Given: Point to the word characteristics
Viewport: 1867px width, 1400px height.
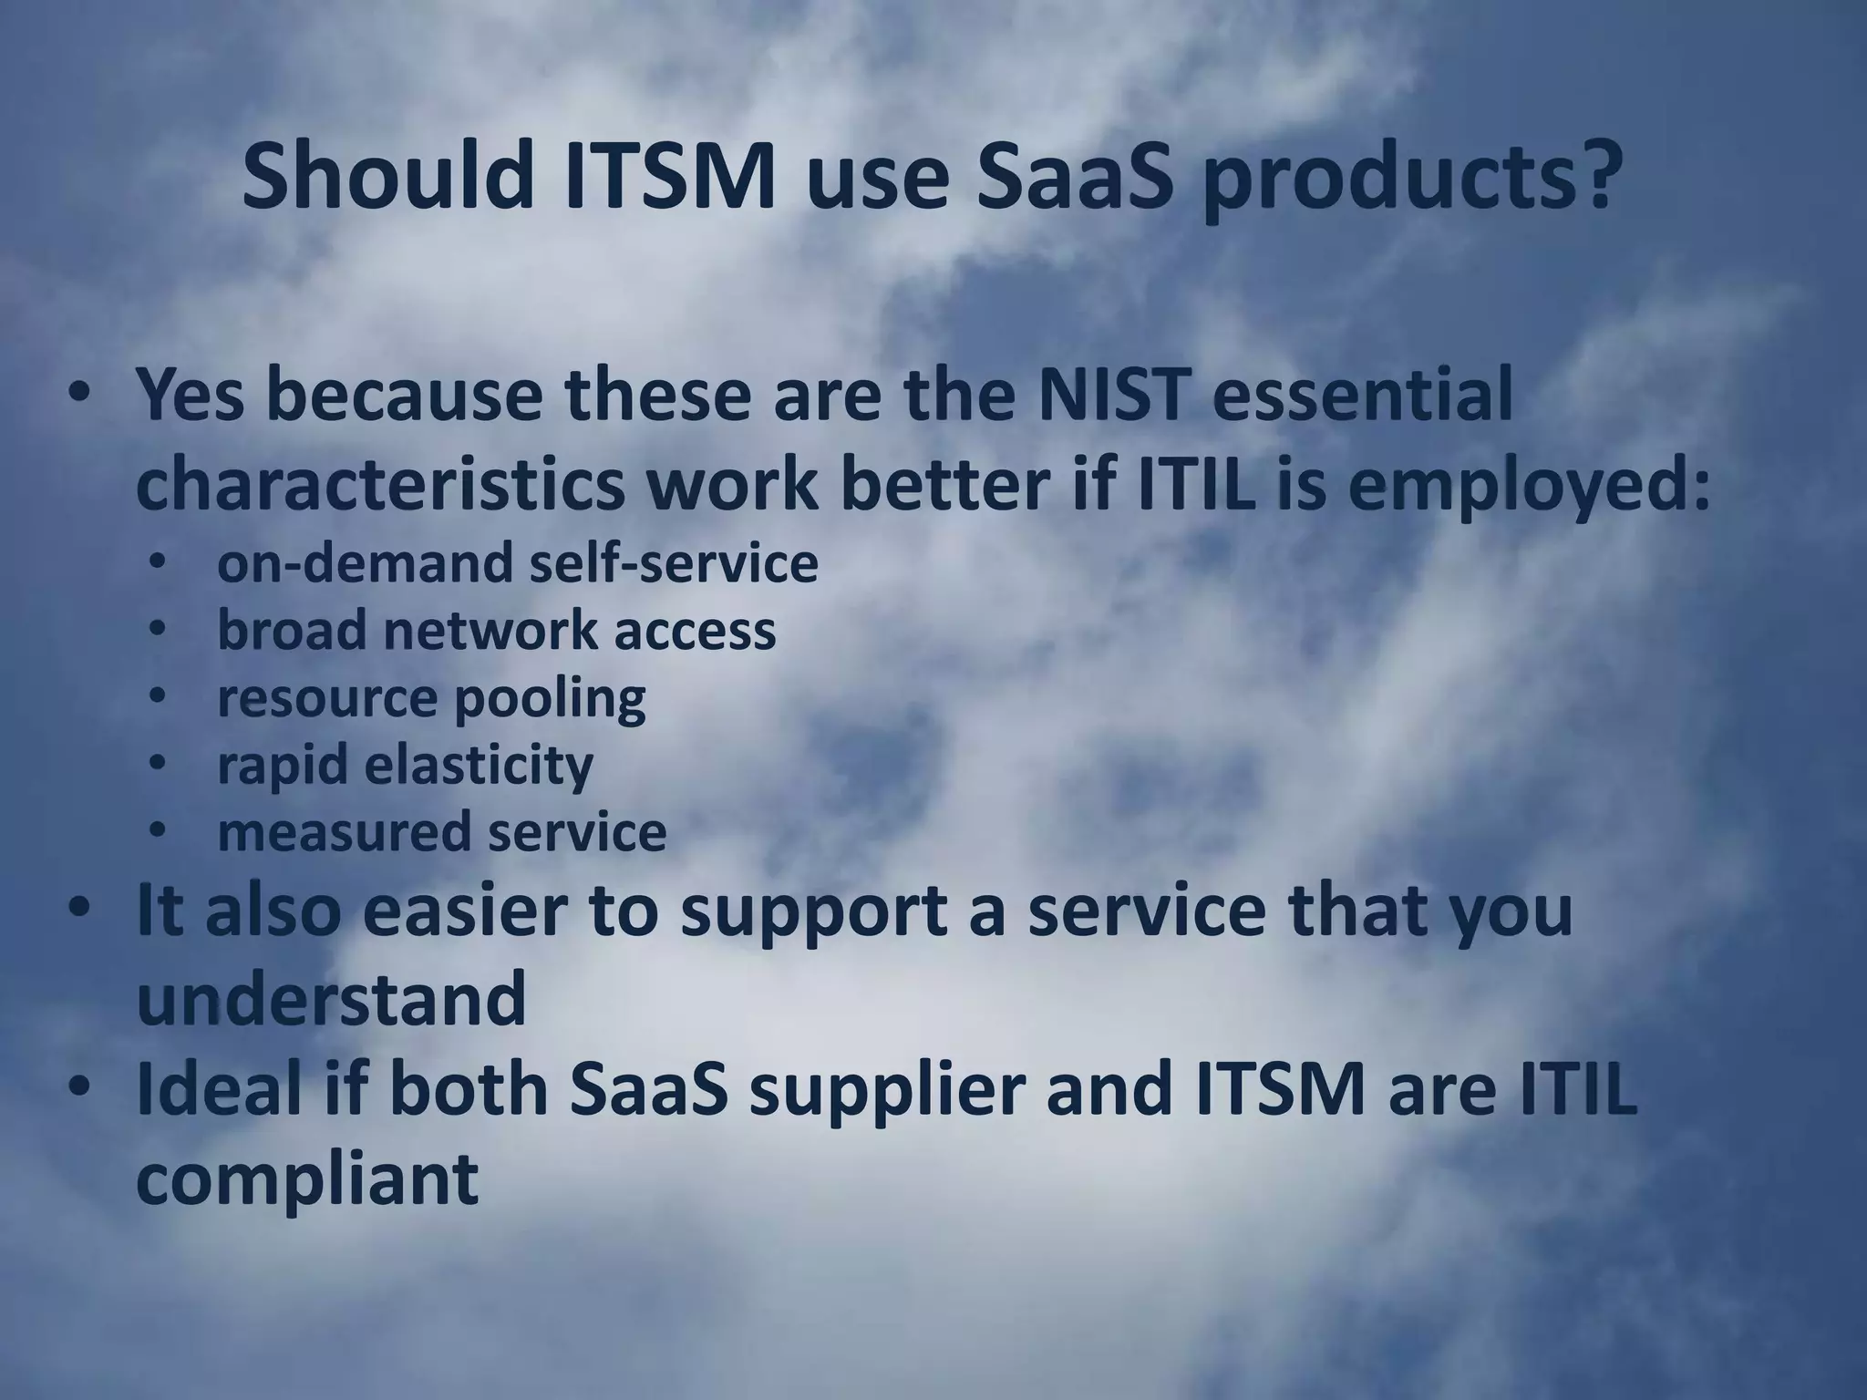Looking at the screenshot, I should coord(380,484).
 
